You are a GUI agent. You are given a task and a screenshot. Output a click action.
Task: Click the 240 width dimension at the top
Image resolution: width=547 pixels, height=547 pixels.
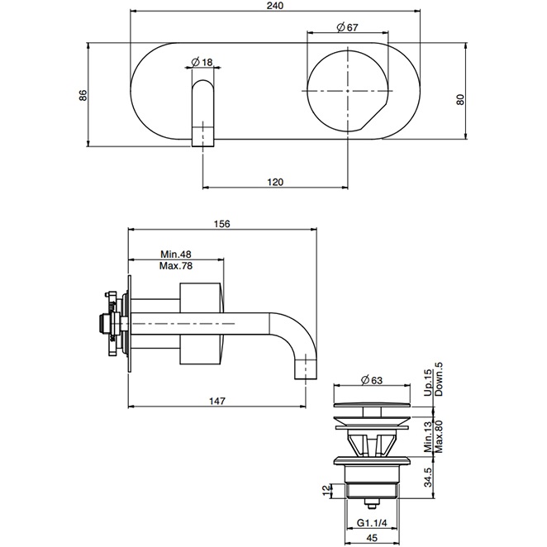[x=275, y=7]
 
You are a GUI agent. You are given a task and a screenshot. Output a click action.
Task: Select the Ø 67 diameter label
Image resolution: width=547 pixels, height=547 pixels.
[x=347, y=28]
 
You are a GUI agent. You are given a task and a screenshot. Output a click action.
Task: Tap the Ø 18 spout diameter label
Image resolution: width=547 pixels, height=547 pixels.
[x=202, y=62]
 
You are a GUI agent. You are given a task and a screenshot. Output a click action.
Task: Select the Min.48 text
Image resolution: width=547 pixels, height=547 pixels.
[x=175, y=254]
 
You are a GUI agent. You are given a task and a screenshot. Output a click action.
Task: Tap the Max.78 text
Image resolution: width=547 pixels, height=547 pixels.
[x=175, y=266]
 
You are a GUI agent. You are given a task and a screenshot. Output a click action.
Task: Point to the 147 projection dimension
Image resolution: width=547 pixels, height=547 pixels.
[x=216, y=400]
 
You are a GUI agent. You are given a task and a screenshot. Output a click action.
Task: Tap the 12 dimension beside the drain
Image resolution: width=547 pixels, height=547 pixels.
[x=328, y=491]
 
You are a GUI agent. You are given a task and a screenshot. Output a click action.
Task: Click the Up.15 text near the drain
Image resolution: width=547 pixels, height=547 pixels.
[x=427, y=383]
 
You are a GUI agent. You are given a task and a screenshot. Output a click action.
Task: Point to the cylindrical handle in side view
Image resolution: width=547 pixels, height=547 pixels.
[x=201, y=321]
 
